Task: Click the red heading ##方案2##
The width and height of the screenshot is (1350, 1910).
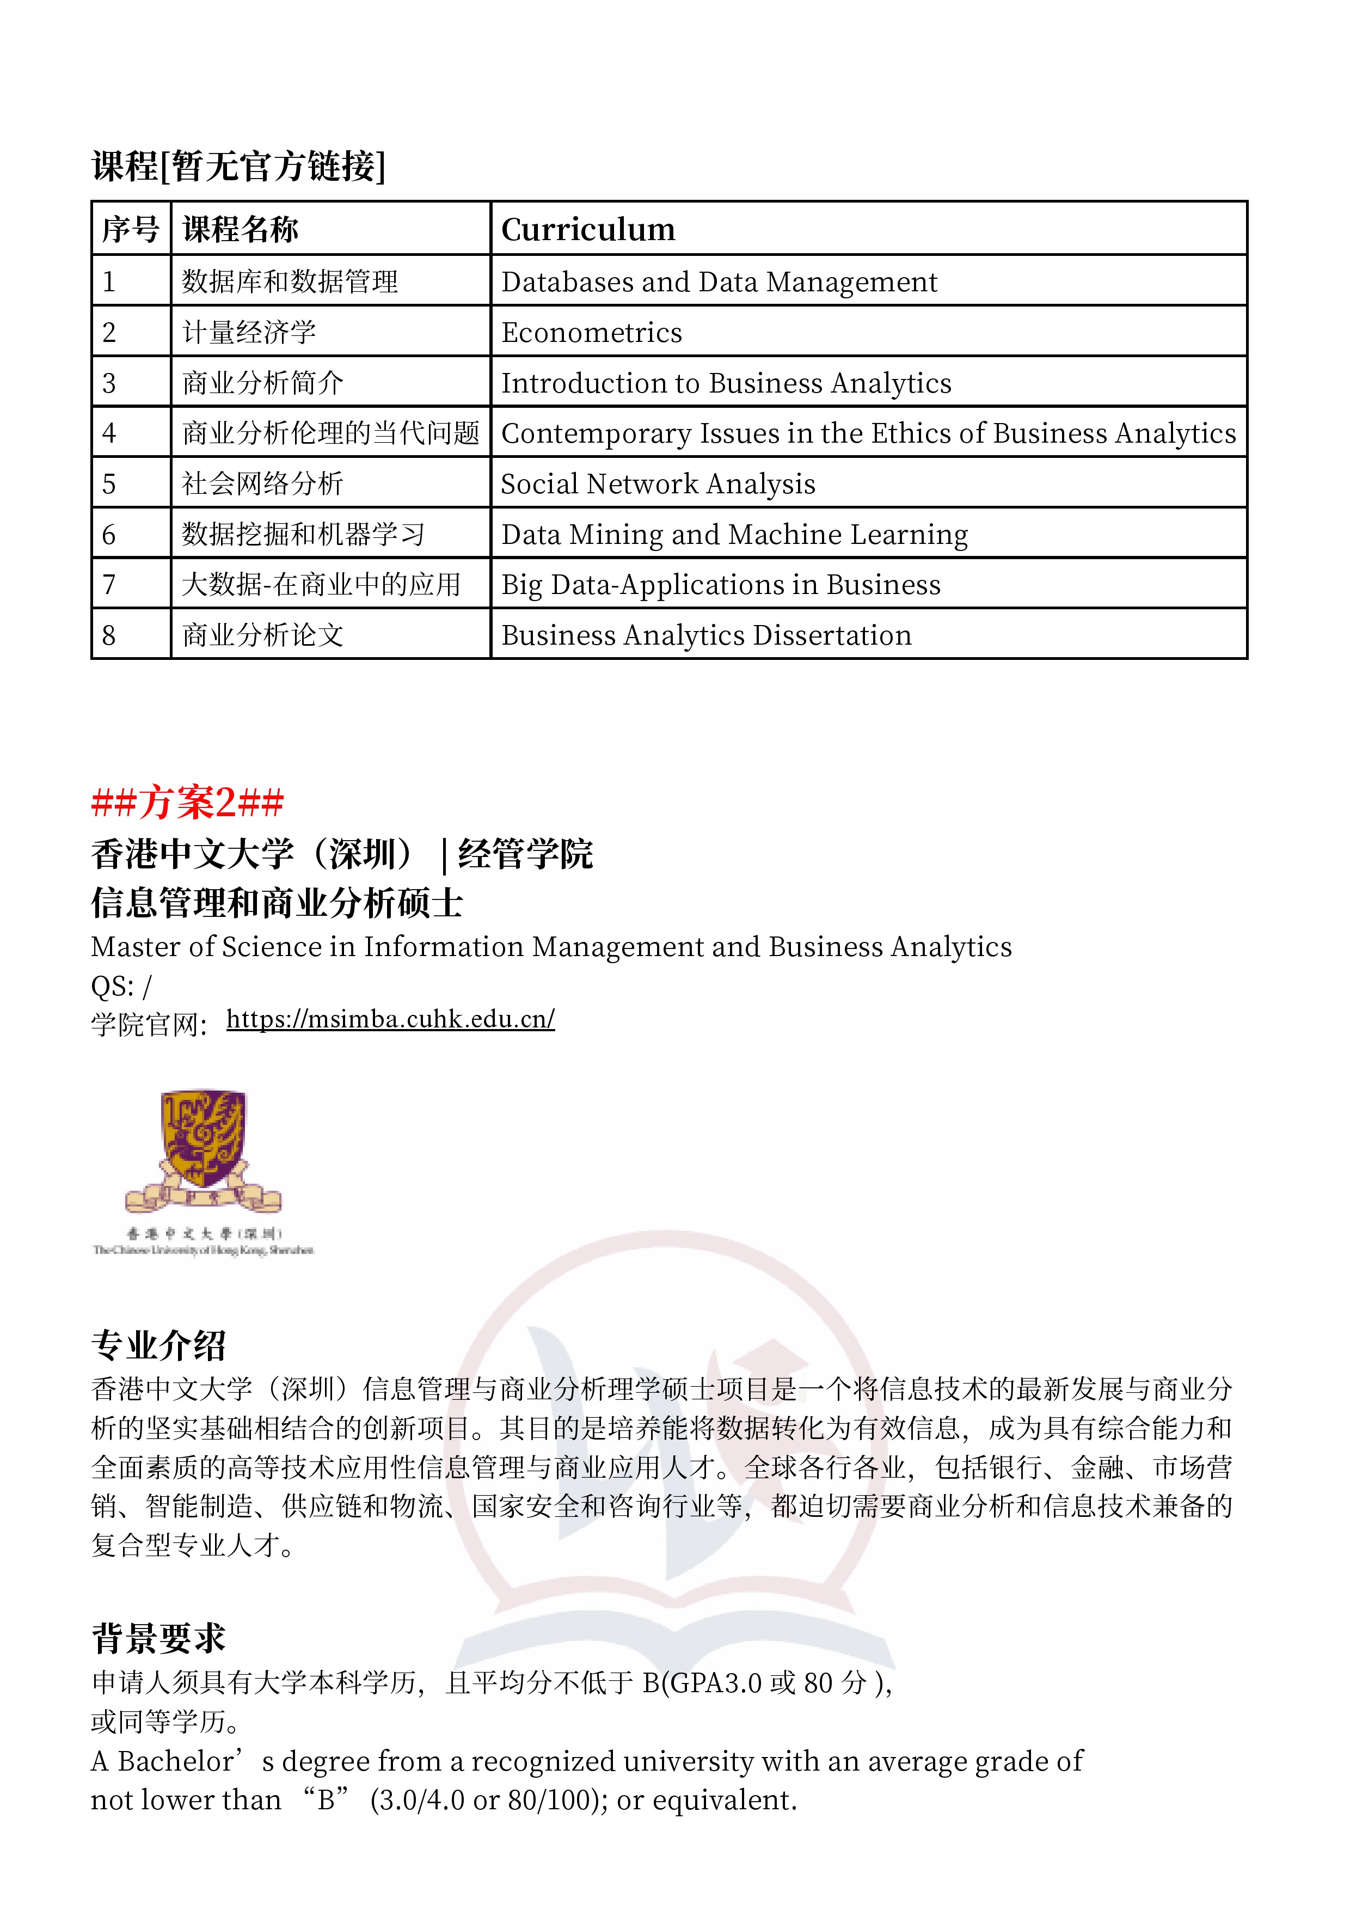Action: click(187, 803)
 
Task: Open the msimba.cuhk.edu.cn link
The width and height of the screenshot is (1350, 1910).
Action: click(390, 1019)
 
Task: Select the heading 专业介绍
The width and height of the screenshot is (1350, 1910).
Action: click(158, 1344)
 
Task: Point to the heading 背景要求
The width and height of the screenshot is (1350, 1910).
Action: click(158, 1638)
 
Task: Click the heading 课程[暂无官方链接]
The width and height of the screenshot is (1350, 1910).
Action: click(239, 166)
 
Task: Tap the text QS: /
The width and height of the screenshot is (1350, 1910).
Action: click(121, 987)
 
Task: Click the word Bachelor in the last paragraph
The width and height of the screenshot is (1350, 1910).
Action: click(175, 1762)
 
